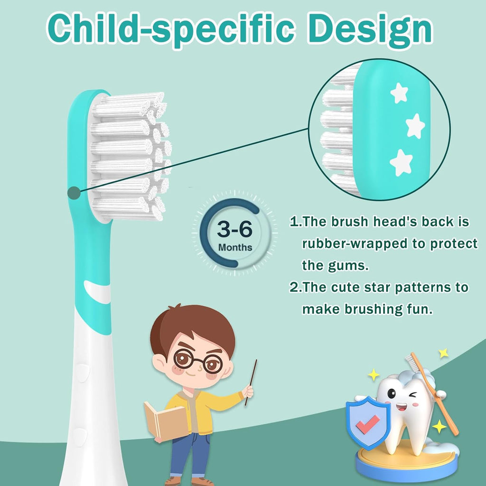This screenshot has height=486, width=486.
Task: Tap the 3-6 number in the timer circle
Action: click(x=234, y=230)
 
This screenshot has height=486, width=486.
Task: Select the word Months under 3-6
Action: click(x=235, y=247)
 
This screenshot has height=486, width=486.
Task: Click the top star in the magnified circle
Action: click(x=399, y=93)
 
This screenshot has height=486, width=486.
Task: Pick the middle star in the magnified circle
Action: click(x=415, y=126)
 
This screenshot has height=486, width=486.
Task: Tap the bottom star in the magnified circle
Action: click(x=401, y=162)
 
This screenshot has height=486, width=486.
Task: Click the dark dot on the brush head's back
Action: click(x=74, y=193)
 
